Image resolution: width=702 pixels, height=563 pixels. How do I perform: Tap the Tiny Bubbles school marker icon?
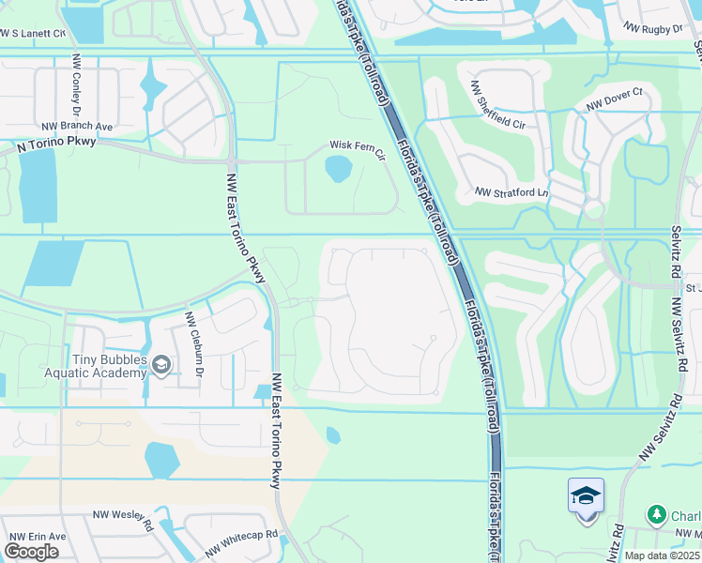[x=162, y=365]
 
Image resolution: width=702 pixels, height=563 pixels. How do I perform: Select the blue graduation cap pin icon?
[x=586, y=496]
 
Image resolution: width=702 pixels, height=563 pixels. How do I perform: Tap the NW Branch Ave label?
[x=77, y=127]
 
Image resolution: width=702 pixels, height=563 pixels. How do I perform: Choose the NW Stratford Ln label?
[x=512, y=192]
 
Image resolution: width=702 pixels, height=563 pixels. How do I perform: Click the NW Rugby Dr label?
[x=652, y=29]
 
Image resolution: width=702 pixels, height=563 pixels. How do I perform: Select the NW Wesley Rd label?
[x=122, y=519]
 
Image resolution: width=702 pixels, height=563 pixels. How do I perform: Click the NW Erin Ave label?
[x=38, y=536]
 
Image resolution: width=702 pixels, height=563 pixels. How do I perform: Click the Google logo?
[x=31, y=552]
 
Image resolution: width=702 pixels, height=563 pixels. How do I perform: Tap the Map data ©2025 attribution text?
[x=662, y=555]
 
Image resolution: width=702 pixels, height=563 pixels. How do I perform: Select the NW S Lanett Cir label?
[x=34, y=34]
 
